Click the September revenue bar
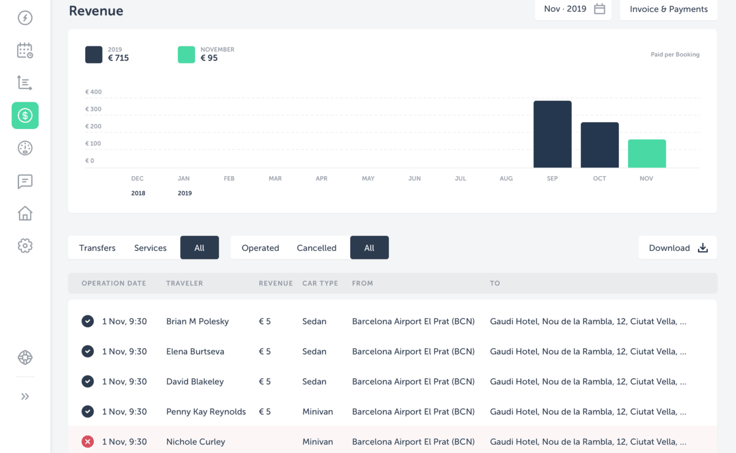(552, 134)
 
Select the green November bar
(646, 154)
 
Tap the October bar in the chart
(599, 145)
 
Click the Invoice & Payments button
(668, 9)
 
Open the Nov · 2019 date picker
(573, 9)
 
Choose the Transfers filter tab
(97, 248)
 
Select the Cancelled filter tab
(316, 248)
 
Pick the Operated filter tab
(260, 248)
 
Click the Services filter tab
(150, 248)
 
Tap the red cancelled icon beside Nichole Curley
(87, 441)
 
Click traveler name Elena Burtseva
(195, 352)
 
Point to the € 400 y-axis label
(93, 92)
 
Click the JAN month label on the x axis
(183, 178)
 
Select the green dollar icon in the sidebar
(25, 116)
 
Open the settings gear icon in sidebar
(25, 246)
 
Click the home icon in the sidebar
(25, 214)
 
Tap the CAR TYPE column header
(320, 283)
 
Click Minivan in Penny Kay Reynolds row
(317, 412)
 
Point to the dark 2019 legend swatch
(94, 55)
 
